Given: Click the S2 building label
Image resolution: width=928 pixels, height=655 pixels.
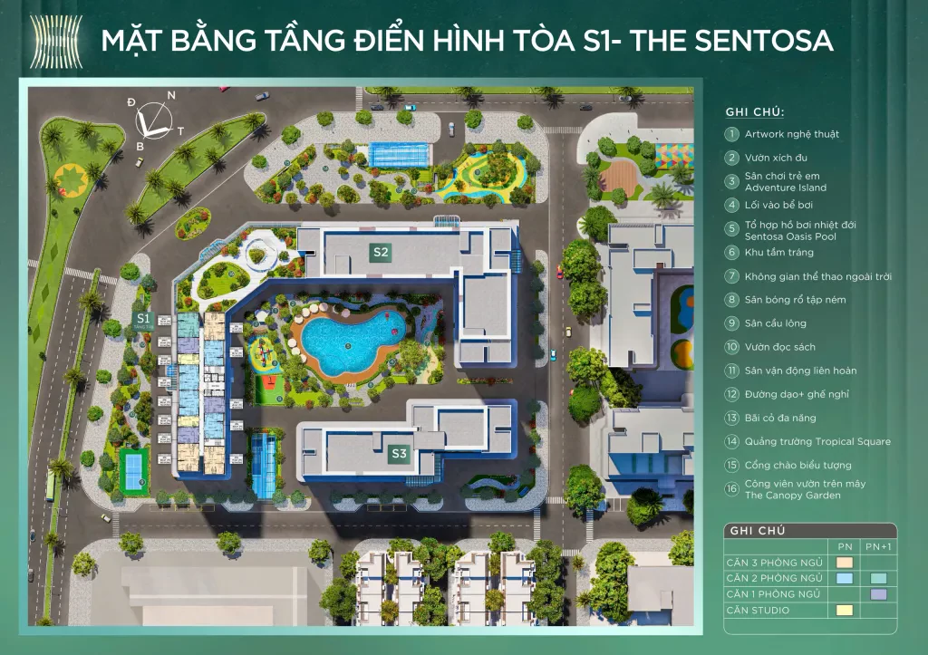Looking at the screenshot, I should point(381,253).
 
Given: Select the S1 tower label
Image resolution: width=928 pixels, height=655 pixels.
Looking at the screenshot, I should point(143,319).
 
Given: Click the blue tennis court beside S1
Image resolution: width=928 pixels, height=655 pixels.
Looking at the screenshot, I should point(134,468).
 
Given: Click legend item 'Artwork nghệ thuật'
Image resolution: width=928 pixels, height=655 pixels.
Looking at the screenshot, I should point(791,134).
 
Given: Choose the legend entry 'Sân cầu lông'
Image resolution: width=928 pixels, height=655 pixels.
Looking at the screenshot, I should point(775,323).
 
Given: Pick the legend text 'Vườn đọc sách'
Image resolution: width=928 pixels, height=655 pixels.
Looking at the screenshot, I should point(779,347).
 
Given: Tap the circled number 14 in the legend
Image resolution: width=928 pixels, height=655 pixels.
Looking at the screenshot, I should point(731,442).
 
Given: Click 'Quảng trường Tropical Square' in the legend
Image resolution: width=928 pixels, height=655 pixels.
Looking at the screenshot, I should point(817,442).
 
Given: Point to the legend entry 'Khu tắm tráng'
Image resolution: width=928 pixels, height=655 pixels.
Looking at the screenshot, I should point(778,253).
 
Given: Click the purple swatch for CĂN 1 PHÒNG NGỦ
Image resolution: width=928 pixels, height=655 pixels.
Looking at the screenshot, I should point(877,594).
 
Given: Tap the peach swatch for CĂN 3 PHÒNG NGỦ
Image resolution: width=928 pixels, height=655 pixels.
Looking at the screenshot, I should point(845,563).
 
